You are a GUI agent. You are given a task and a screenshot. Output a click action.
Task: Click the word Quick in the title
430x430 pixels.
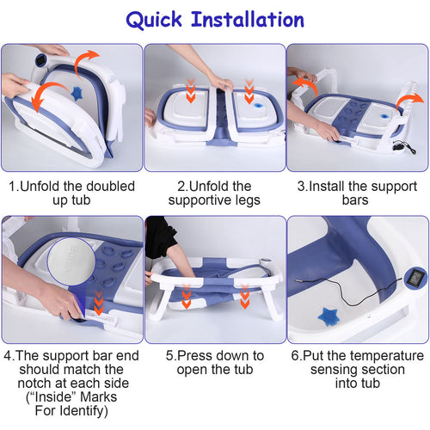pos(154,20)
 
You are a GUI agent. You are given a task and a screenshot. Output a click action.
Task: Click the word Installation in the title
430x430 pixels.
pos(248,20)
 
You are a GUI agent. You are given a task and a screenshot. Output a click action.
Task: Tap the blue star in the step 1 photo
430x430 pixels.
pos(77,94)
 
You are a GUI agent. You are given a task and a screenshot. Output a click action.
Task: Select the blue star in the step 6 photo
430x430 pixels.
pos(329,316)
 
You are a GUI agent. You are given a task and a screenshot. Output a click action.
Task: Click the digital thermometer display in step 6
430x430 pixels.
pos(414,277)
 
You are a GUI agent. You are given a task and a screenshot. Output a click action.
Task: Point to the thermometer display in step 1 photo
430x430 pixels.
pos(40,60)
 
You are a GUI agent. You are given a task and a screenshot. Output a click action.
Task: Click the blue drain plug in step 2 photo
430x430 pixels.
pos(258,106)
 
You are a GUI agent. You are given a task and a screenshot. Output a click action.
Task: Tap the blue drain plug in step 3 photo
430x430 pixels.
pos(384,116)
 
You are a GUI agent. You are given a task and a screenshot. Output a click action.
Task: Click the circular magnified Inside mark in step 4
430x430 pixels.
pos(71,261)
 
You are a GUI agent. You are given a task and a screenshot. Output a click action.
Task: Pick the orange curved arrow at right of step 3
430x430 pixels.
pos(409,101)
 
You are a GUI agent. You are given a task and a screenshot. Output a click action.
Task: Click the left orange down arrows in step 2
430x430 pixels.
pos(191,90)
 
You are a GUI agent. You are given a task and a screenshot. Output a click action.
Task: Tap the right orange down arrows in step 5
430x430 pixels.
pos(245,297)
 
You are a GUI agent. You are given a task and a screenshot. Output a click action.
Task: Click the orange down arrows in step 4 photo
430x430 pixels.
pos(99,303)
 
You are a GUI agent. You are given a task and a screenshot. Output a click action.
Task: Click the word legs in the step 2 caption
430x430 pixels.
pos(248,200)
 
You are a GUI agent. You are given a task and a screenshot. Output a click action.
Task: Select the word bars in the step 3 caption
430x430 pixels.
pos(355,200)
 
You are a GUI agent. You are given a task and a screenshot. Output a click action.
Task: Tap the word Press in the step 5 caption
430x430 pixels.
pos(195,356)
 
